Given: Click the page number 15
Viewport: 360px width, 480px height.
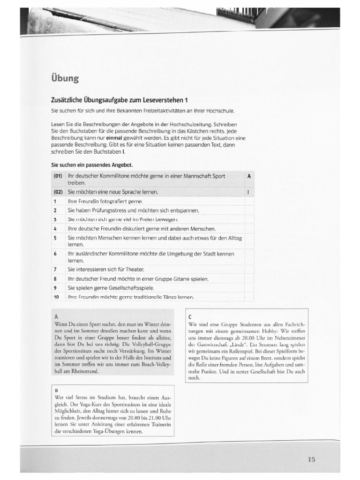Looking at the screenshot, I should [312, 459].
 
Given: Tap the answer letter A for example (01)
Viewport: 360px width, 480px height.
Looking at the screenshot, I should [248, 176].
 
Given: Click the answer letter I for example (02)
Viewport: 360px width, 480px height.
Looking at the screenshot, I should [248, 192].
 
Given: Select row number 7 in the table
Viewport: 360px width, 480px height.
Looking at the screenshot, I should [55, 270].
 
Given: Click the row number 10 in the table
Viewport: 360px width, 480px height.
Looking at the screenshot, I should [56, 297].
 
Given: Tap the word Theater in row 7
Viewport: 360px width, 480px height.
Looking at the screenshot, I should [134, 270].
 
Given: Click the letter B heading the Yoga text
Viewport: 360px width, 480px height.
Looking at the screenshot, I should [56, 390].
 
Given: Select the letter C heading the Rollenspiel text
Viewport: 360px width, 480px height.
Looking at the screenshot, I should [190, 316].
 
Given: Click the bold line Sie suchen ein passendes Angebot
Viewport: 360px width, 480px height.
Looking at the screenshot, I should [92, 165].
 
